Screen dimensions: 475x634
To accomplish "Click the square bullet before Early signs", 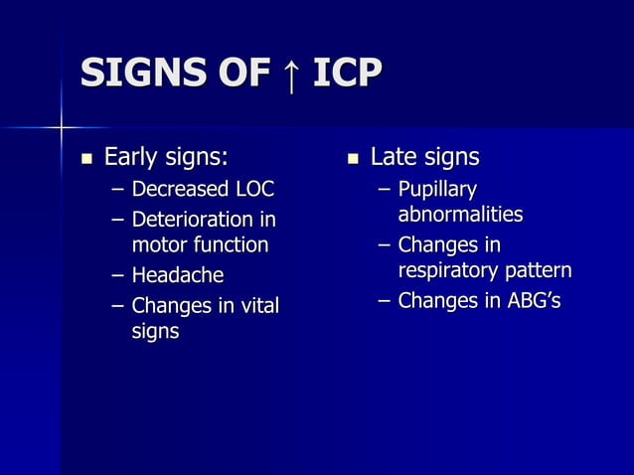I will (86, 157).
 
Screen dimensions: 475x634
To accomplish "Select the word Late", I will (393, 157).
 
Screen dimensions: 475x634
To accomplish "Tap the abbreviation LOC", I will (253, 189).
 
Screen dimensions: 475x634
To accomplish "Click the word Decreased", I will (179, 189).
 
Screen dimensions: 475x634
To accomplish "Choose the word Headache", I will (178, 275).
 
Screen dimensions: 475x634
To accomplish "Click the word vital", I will (257, 305).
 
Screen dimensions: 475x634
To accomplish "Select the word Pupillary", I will (437, 189).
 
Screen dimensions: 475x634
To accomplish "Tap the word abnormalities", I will (460, 215).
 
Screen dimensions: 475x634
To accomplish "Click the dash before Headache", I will (117, 275).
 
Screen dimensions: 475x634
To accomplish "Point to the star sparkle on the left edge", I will (61, 126).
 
